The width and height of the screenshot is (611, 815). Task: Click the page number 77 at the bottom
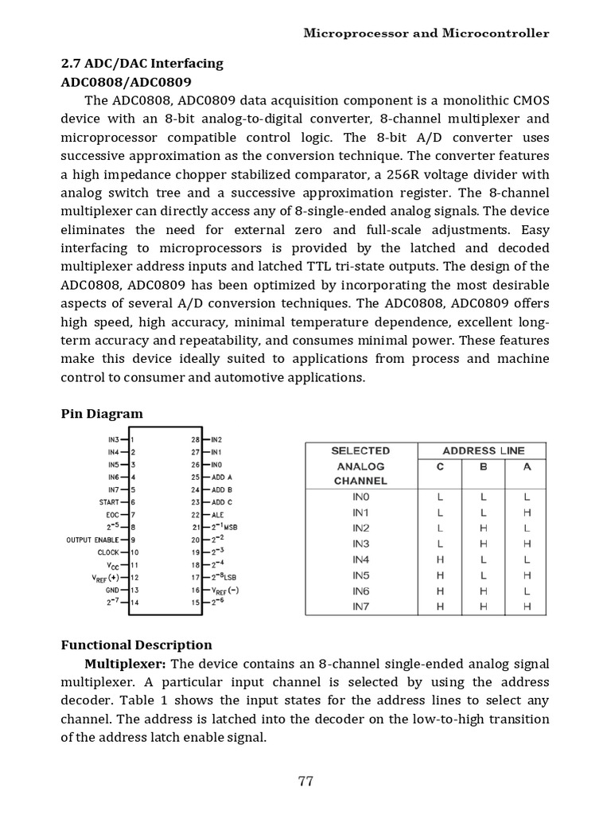point(305,781)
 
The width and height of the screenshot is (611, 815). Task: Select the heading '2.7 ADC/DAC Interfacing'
point(142,64)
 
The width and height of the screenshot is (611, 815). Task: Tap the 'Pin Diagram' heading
point(103,414)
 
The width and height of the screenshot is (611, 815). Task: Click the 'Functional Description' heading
point(137,645)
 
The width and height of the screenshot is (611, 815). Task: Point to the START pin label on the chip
point(108,502)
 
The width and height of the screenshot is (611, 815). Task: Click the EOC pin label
point(112,515)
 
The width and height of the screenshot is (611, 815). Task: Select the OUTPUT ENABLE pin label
point(91,540)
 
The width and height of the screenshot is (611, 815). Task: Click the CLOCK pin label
point(107,552)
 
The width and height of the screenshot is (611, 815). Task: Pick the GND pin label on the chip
point(111,590)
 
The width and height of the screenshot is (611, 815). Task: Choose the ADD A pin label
point(223,477)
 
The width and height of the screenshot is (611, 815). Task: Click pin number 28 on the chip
point(195,439)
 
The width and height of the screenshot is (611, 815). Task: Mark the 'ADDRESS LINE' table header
point(484,450)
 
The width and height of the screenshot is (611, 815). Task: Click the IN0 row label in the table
point(360,497)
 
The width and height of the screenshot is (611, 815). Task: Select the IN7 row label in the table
point(360,606)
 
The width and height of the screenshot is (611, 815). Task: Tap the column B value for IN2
point(484,528)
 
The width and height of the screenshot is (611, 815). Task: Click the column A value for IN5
point(526,575)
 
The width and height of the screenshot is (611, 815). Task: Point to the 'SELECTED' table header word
point(360,450)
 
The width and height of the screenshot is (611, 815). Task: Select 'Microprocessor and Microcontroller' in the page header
point(427,33)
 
